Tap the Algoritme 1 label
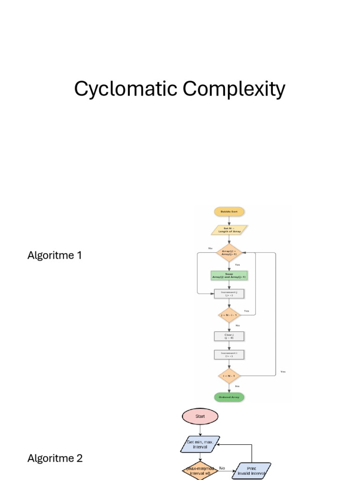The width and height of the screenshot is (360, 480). click(x=55, y=255)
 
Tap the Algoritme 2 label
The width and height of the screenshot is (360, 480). click(x=55, y=458)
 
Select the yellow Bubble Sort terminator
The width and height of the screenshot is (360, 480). click(x=229, y=212)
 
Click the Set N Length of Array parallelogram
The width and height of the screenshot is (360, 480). click(x=229, y=230)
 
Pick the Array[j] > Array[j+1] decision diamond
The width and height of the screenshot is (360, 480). click(x=229, y=252)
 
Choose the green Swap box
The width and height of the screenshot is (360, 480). click(x=229, y=275)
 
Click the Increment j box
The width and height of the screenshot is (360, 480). click(x=229, y=294)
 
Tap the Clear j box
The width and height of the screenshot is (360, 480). click(x=229, y=336)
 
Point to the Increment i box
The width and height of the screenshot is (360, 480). click(x=229, y=354)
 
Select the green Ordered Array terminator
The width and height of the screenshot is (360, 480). click(x=229, y=397)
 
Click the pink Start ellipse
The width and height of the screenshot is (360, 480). click(x=200, y=416)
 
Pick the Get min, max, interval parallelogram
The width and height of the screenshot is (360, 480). click(x=201, y=444)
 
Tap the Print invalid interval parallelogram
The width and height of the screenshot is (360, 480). click(x=252, y=471)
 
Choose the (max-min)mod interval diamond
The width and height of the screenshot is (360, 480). click(x=200, y=471)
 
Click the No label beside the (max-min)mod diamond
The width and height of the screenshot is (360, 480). click(x=222, y=468)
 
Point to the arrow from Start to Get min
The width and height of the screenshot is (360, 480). click(x=200, y=430)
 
